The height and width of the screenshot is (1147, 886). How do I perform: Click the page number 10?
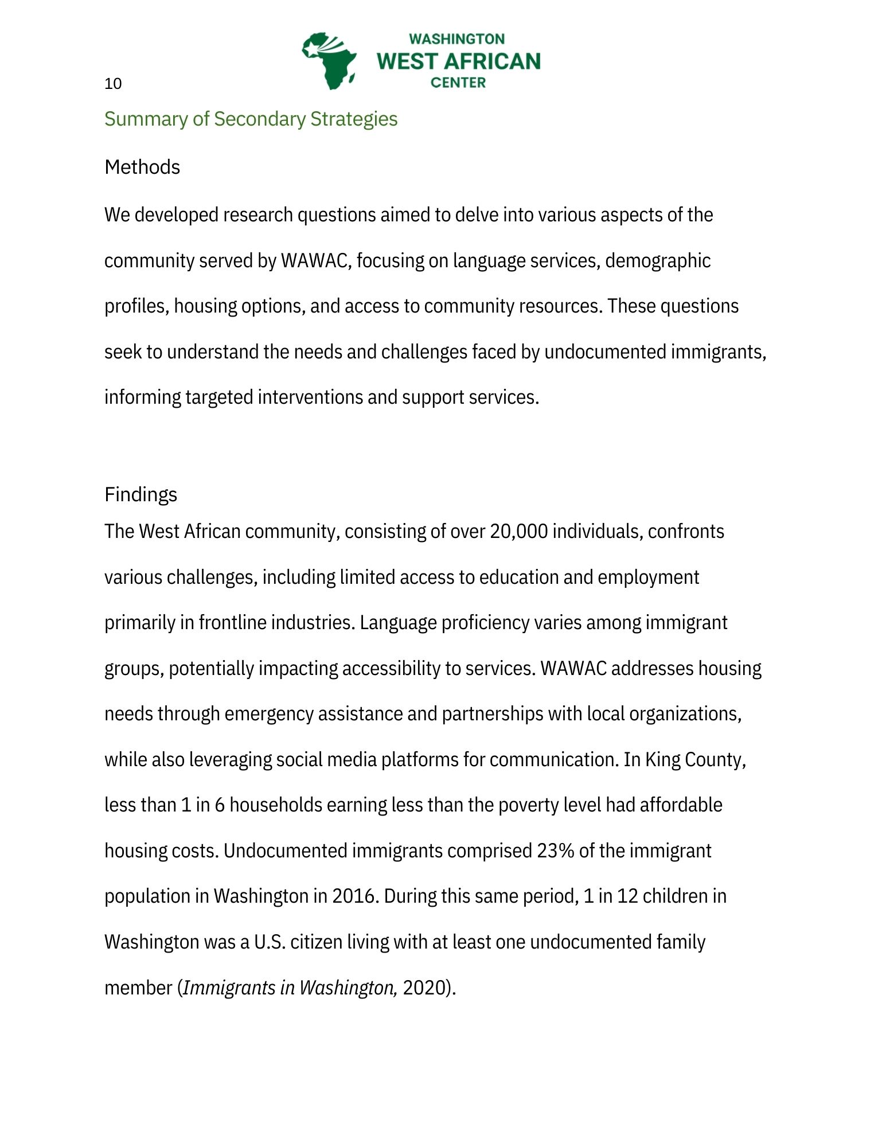[113, 84]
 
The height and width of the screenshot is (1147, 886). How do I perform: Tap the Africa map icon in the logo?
[329, 61]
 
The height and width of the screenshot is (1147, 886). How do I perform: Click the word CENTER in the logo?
[458, 83]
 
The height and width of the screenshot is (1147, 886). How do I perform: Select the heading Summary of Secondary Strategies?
[251, 119]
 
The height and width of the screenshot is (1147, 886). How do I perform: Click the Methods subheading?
[142, 167]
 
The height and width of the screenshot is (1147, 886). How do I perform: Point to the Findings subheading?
[140, 494]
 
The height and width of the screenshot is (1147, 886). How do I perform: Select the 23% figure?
[556, 851]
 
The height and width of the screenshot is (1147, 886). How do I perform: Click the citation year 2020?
[425, 988]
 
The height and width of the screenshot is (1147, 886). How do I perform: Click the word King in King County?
[662, 759]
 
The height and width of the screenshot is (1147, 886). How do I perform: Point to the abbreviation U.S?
[270, 942]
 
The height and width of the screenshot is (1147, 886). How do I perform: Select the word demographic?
[658, 261]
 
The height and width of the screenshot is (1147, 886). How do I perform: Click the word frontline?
[232, 623]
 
